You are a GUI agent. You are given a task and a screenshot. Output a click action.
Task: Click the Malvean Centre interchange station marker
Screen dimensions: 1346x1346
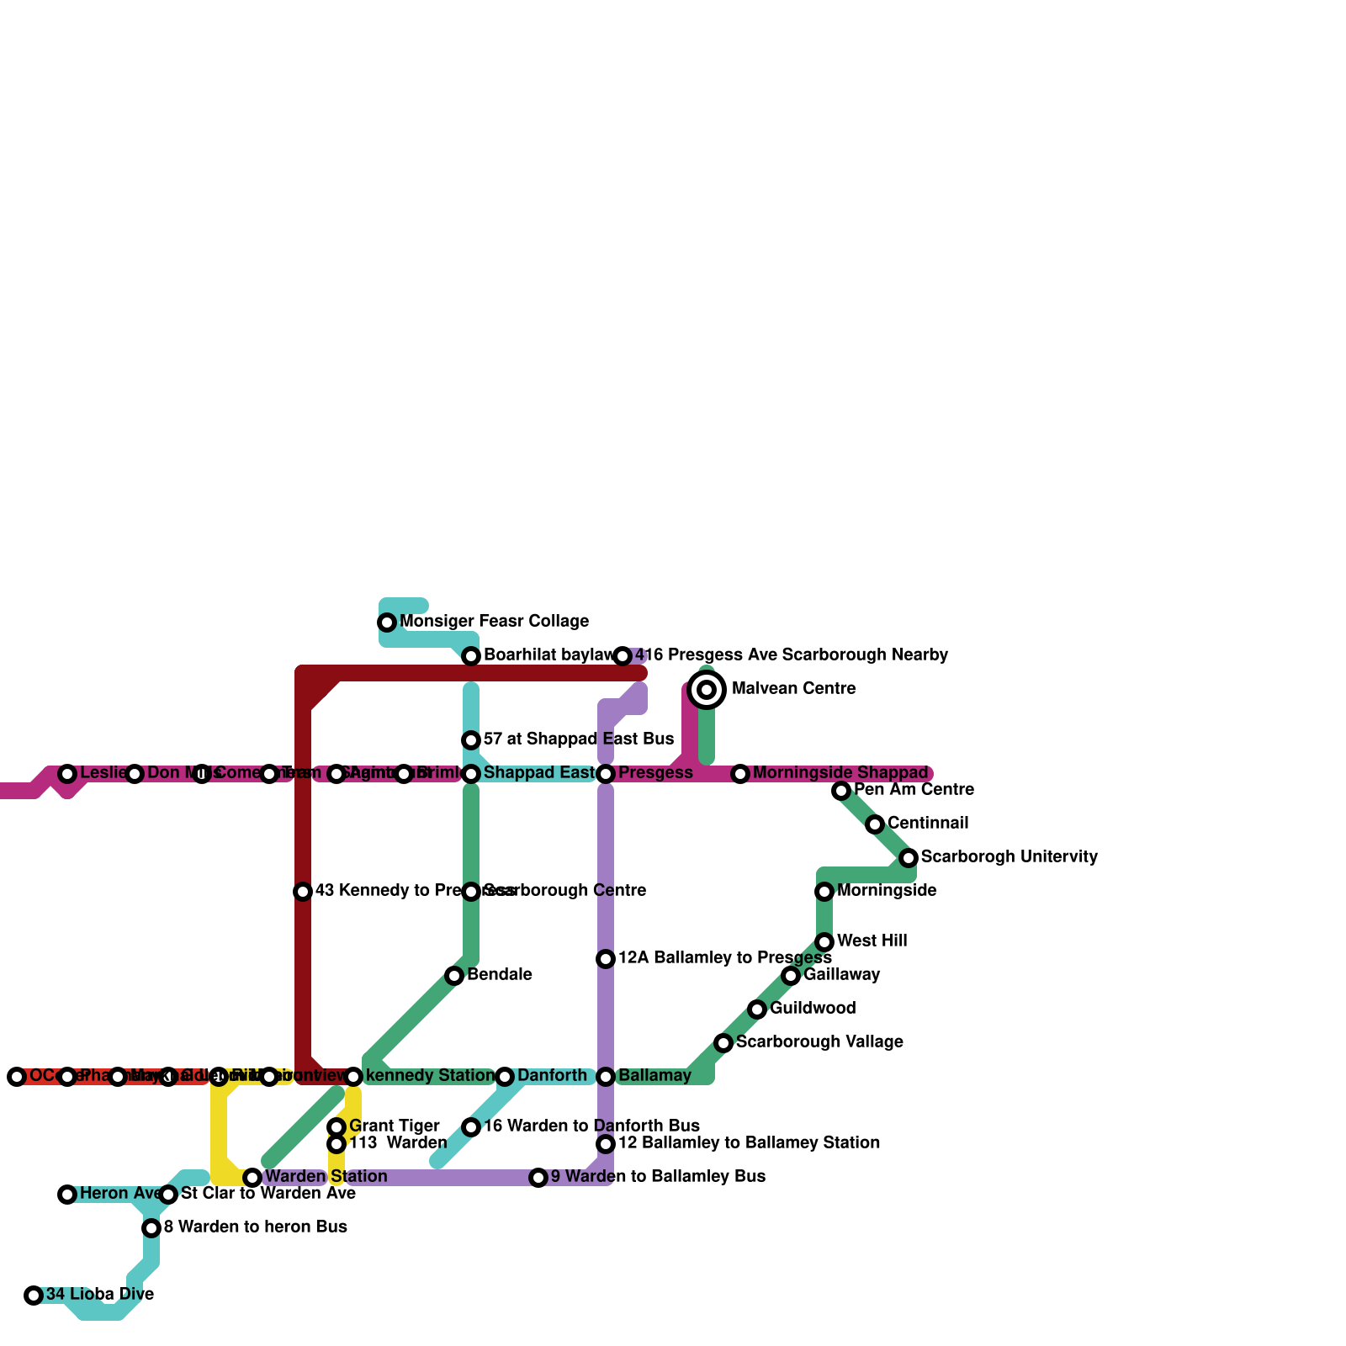point(707,690)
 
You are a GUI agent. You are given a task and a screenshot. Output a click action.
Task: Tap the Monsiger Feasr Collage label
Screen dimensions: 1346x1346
point(494,622)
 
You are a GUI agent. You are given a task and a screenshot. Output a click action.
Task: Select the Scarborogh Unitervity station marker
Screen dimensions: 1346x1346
point(909,858)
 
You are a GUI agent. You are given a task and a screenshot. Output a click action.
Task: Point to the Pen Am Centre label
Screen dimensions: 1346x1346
point(914,790)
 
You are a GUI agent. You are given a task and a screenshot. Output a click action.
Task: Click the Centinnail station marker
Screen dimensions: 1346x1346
point(875,824)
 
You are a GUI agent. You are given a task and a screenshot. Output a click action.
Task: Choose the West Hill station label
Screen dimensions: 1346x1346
point(872,941)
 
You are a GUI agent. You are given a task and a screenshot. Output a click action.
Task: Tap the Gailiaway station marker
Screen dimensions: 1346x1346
point(791,976)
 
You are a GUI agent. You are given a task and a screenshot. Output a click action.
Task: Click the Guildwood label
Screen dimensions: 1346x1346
point(813,1009)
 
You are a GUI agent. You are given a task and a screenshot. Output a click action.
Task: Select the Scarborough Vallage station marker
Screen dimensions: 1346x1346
point(723,1043)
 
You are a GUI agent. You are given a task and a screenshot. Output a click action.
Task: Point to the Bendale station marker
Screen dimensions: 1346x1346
point(454,976)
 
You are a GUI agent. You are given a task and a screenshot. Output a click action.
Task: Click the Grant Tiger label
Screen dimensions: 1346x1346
point(394,1126)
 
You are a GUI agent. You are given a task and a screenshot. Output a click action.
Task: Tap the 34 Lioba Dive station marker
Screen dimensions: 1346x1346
point(34,1296)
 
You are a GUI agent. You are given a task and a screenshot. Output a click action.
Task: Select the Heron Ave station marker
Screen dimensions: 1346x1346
point(67,1195)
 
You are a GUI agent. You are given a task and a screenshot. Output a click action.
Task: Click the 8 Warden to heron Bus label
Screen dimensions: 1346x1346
point(255,1227)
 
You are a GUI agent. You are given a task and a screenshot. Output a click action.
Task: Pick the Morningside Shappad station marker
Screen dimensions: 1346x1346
point(740,774)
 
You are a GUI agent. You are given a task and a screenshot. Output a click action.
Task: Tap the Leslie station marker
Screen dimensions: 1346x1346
point(67,774)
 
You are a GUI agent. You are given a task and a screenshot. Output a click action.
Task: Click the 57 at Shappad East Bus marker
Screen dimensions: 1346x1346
point(471,740)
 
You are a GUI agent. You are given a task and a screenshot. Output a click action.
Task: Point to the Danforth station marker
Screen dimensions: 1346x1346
point(505,1077)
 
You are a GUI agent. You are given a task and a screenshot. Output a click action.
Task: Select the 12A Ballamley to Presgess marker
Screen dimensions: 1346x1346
point(606,959)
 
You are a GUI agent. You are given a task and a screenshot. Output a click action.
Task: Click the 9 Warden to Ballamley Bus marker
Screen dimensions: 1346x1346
point(538,1178)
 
